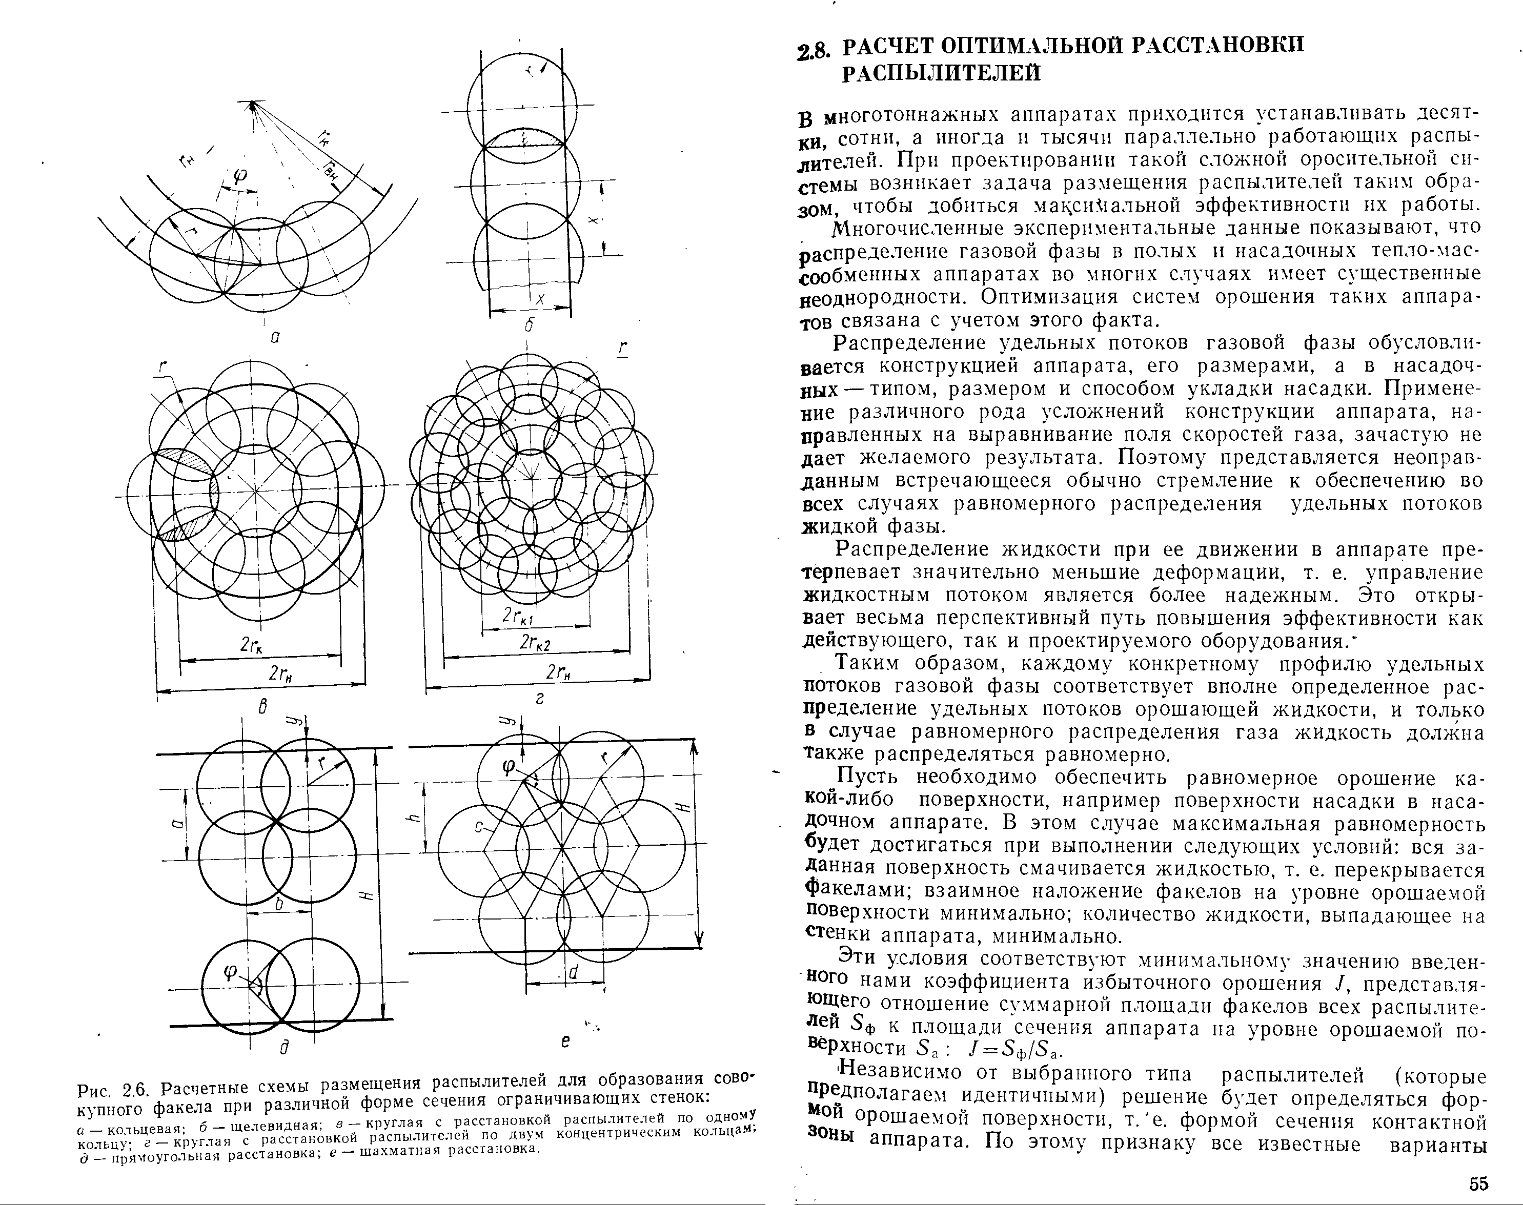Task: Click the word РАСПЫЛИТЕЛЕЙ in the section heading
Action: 942,73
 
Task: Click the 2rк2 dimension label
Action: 535,643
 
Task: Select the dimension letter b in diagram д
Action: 279,904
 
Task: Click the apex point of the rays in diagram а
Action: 251,105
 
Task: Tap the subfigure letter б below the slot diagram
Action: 530,326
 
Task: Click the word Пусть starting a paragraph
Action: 867,778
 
